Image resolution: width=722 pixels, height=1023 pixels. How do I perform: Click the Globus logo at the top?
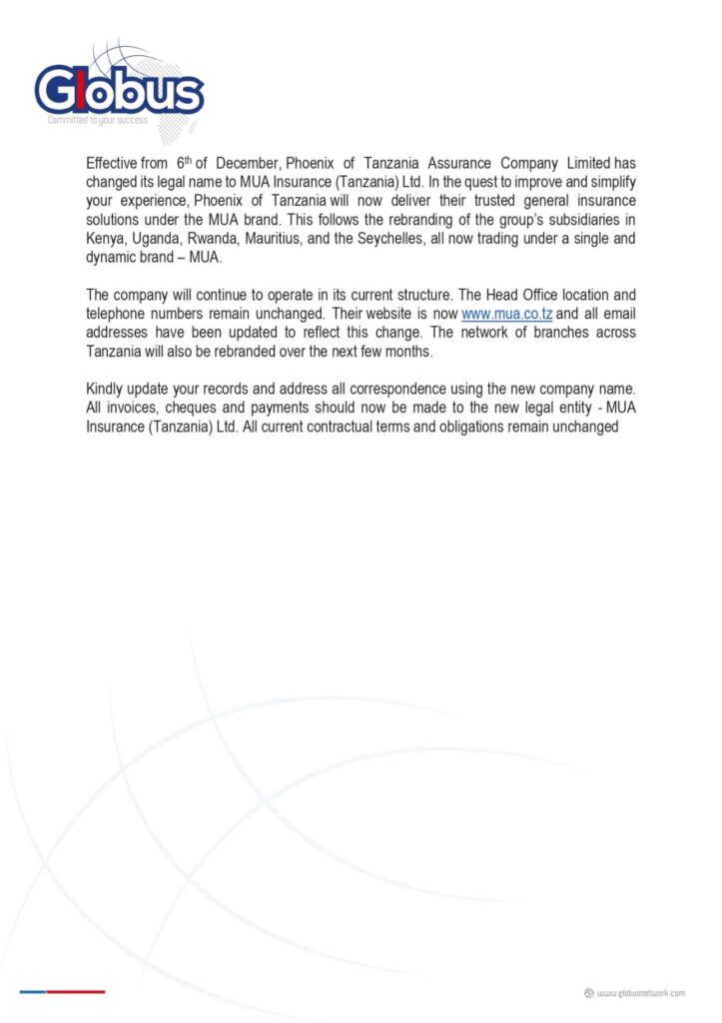pyautogui.click(x=119, y=90)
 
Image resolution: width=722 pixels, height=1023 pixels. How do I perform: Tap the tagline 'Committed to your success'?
pyautogui.click(x=98, y=120)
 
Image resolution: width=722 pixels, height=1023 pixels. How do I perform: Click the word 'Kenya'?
pyautogui.click(x=106, y=240)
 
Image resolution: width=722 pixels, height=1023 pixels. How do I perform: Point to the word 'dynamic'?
pyautogui.click(x=113, y=259)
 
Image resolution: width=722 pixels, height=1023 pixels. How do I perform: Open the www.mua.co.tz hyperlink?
pyautogui.click(x=506, y=315)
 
